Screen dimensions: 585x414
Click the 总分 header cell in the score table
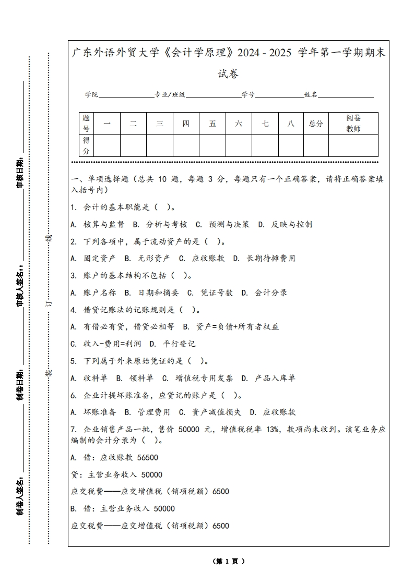(316, 124)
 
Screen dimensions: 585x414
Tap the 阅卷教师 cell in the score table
(353, 124)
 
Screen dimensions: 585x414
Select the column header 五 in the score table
(212, 124)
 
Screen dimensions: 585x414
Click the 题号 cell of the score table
(87, 124)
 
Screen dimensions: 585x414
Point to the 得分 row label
(87, 145)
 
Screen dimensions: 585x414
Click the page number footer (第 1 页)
(229, 562)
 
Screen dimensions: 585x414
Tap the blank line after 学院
(126, 95)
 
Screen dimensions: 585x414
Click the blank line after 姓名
(346, 95)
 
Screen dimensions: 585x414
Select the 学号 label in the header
(248, 95)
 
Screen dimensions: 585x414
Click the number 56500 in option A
(147, 458)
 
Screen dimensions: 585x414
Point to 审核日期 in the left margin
(20, 173)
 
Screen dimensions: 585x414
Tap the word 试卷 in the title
(228, 74)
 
